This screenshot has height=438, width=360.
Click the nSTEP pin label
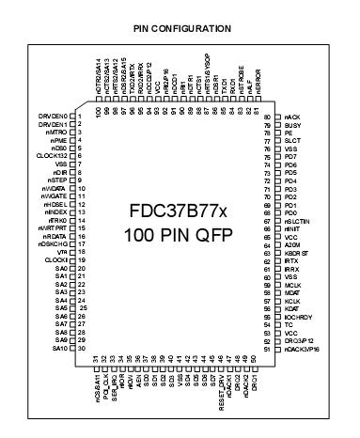coord(55,181)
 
